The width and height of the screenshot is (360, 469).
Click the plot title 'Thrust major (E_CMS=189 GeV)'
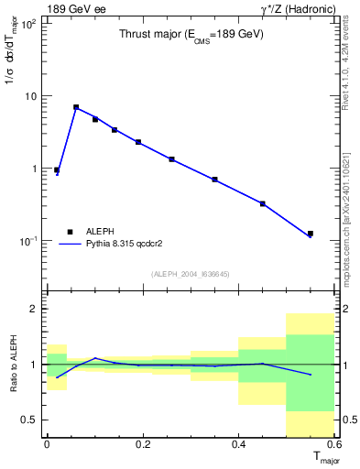191,35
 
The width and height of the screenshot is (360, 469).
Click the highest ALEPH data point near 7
76,107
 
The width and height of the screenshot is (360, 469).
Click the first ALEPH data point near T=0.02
57,170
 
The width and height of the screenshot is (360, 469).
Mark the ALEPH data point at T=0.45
263,203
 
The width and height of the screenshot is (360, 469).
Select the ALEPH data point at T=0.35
214,180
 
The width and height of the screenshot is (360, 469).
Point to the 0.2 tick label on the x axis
143,443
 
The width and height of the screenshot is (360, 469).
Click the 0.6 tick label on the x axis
334,443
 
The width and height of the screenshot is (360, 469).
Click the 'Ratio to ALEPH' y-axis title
12,365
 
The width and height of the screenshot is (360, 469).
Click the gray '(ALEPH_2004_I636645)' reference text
191,273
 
